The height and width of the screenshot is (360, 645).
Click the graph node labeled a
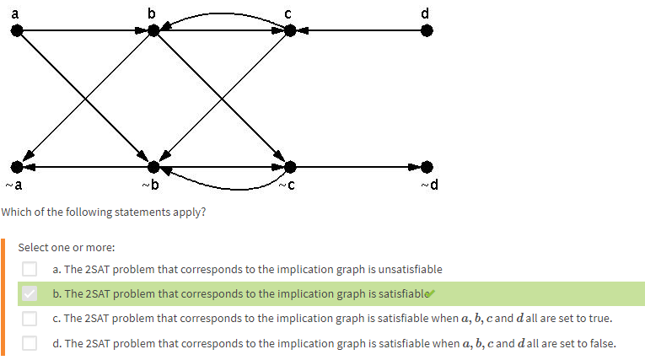(17, 30)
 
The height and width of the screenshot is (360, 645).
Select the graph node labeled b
(153, 30)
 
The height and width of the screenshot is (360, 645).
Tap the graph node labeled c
(290, 30)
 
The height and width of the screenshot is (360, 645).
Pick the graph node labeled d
(427, 30)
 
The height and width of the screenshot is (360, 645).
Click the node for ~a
(17, 167)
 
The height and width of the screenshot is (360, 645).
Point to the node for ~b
(153, 167)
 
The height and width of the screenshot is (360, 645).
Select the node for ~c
(290, 167)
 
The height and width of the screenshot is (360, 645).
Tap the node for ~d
(427, 167)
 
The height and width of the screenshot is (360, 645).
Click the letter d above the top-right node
(425, 12)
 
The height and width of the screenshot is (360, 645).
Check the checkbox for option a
(30, 269)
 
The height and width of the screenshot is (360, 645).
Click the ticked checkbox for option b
(30, 293)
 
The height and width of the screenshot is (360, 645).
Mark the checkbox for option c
(30, 318)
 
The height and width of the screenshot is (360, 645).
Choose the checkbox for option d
(30, 342)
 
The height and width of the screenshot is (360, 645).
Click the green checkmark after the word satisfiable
(431, 293)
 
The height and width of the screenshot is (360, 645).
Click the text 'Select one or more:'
(66, 247)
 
